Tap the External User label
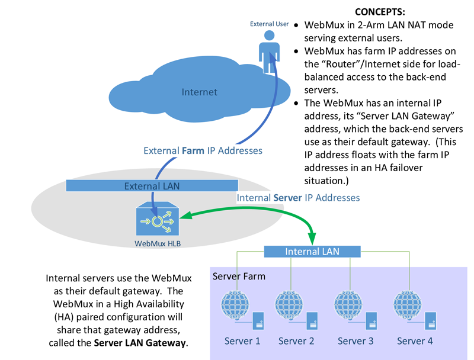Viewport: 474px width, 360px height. pos(269,24)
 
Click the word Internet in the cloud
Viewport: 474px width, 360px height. pos(199,92)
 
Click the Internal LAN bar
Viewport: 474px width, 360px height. pos(312,252)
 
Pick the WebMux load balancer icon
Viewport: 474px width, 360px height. pos(156,221)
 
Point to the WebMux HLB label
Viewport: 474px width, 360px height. pos(157,243)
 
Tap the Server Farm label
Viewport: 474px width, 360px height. pos(239,277)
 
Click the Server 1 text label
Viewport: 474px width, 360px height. pos(242,341)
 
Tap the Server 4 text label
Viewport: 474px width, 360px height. pos(415,341)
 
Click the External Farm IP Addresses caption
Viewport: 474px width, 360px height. pos(203,150)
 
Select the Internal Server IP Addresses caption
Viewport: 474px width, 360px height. pos(298,197)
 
